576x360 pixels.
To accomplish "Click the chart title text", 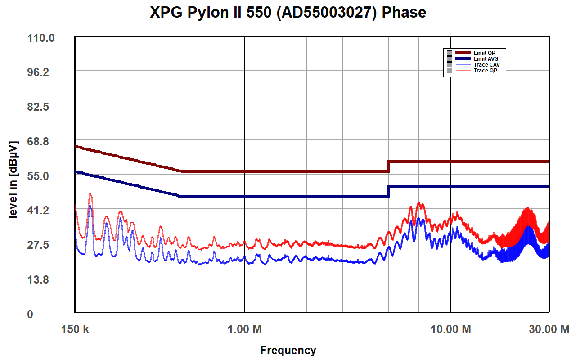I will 288,12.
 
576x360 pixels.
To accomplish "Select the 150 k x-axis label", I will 75,329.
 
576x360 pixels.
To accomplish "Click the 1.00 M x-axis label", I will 244,329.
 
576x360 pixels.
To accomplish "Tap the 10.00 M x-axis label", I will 450,329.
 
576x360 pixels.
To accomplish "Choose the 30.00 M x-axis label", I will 549,329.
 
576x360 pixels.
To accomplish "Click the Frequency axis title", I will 288,350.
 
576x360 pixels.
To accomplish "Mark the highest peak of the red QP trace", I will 90,193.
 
